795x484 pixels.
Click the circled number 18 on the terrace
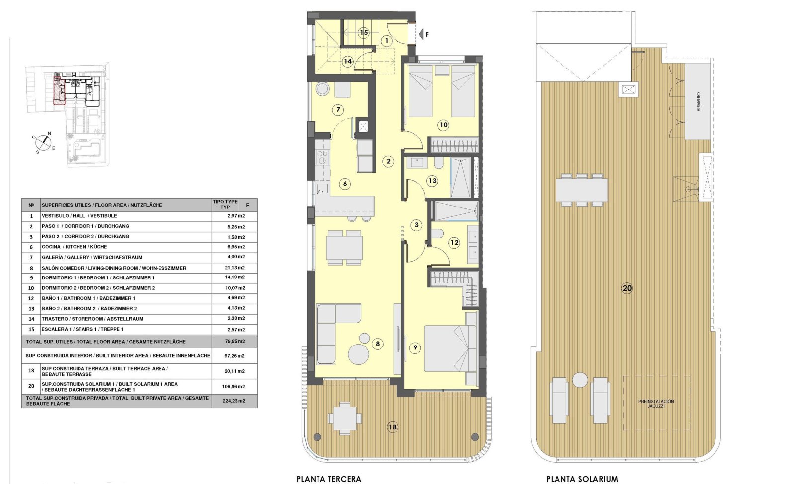click(x=393, y=427)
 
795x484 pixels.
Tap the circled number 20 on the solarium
click(x=627, y=288)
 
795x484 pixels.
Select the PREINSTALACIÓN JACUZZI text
click(x=656, y=404)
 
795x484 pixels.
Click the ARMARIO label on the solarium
click(x=698, y=102)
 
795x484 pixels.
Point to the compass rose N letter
click(x=49, y=133)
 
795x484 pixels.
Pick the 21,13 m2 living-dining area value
click(x=235, y=268)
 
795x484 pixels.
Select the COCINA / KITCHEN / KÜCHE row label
click(x=74, y=247)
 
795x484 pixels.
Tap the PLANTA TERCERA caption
click(x=328, y=479)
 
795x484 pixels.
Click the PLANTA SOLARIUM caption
click(x=582, y=479)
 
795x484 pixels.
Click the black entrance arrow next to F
click(x=421, y=34)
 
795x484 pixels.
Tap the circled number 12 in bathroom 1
click(x=454, y=242)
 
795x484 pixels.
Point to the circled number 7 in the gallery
click(x=338, y=110)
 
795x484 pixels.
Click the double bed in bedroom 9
click(x=450, y=348)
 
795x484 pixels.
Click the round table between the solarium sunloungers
click(x=580, y=380)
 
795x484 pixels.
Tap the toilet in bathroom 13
click(x=439, y=163)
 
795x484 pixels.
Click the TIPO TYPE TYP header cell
click(x=225, y=205)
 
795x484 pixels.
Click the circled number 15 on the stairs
click(x=364, y=33)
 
